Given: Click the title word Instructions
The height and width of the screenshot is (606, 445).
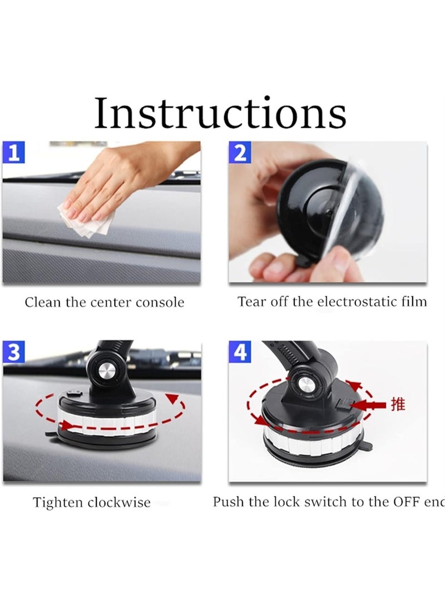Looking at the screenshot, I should [220, 113].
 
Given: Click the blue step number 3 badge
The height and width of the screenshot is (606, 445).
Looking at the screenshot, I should [14, 353].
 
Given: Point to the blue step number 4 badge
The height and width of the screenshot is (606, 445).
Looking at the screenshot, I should [240, 352].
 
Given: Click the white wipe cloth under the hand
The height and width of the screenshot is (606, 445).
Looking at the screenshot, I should [83, 222].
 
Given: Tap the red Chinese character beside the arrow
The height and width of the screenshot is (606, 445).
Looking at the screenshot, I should [398, 404].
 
